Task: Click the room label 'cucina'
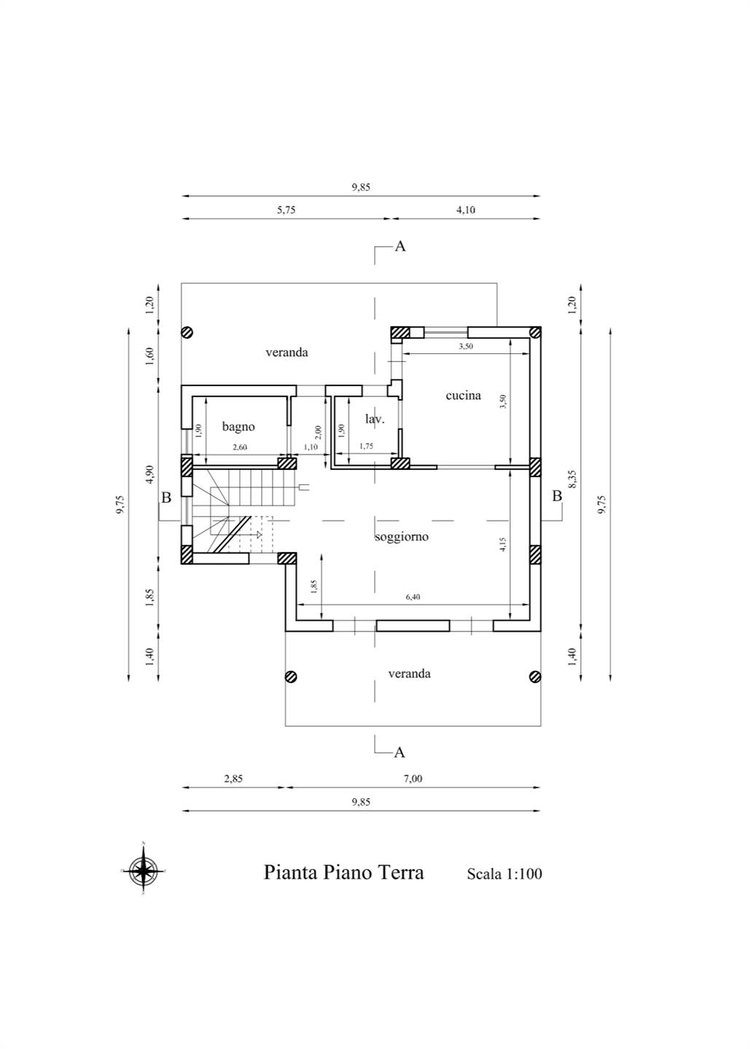tap(463, 396)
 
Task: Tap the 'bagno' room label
tap(238, 427)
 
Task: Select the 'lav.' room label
tap(375, 419)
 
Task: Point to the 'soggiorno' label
tap(402, 537)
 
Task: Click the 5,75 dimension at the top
tap(286, 211)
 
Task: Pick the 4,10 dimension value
tap(466, 211)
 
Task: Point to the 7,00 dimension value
tap(413, 779)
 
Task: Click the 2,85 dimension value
tap(233, 779)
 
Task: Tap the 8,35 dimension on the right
tap(573, 479)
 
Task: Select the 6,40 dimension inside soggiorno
tap(413, 597)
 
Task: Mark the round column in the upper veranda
tap(187, 332)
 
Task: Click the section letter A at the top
tap(399, 246)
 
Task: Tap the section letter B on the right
tap(557, 496)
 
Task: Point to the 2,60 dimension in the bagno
tap(239, 447)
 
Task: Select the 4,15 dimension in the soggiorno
tap(503, 544)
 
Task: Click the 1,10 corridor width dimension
tap(310, 447)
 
